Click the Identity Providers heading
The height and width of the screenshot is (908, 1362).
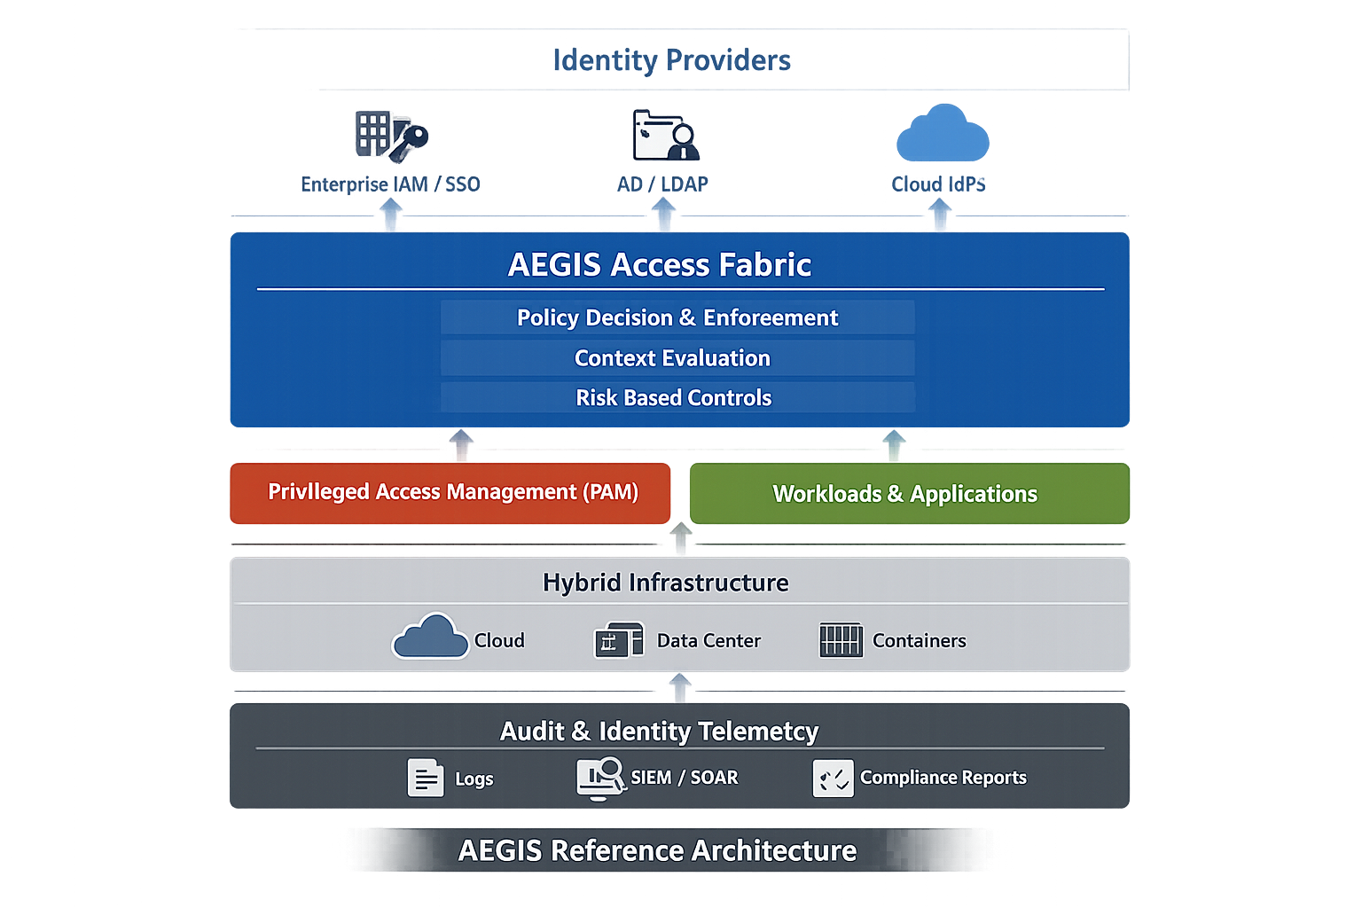[x=671, y=60]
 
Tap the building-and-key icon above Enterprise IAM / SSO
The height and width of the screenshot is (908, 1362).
[x=391, y=136]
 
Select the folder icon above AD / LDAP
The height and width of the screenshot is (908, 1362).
[x=665, y=136]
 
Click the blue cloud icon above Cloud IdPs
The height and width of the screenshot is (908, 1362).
[x=942, y=135]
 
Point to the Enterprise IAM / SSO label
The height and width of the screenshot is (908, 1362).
[x=390, y=184]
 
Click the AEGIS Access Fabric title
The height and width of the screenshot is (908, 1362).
[x=659, y=264]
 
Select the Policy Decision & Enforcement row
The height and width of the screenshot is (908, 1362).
[x=677, y=317]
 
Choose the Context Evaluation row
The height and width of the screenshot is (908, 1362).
[x=673, y=358]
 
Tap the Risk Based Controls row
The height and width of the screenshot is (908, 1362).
[x=674, y=398]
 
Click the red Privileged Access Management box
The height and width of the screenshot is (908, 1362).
[x=450, y=493]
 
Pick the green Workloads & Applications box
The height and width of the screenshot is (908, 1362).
[x=909, y=494]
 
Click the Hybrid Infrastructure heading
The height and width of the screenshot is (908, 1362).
[x=665, y=583]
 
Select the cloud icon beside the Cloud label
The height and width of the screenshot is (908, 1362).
[x=430, y=637]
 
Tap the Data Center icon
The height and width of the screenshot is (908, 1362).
[x=619, y=640]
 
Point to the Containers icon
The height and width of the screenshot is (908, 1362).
[x=841, y=640]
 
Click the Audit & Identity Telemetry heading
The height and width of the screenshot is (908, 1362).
[x=659, y=732]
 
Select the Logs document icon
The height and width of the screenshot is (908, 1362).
[x=426, y=779]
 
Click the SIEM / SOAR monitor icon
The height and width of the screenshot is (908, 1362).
[x=601, y=778]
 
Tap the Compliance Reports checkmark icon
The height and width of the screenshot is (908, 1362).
[x=833, y=779]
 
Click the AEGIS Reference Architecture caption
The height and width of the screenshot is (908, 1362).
[x=657, y=850]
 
